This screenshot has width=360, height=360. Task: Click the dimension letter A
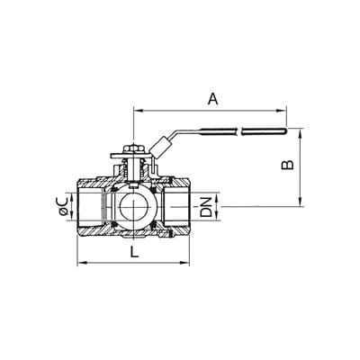click(x=213, y=99)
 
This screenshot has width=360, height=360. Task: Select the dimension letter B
click(x=287, y=165)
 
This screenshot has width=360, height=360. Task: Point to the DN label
click(x=206, y=207)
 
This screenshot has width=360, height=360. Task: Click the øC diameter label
click(x=63, y=207)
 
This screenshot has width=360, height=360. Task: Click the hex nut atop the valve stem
click(x=133, y=149)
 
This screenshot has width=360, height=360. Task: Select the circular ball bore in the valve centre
click(x=133, y=207)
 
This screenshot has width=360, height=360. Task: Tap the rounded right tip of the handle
click(x=284, y=130)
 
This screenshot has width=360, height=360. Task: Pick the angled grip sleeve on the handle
click(x=160, y=147)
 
